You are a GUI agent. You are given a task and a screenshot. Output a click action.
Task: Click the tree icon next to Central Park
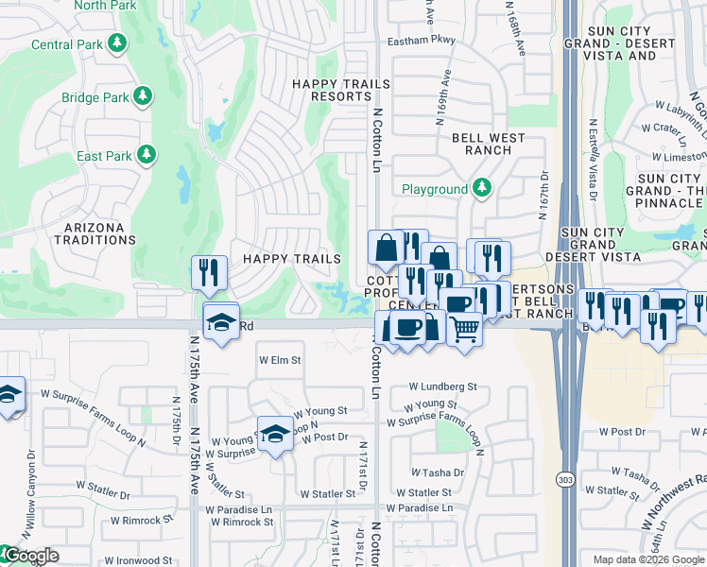[117, 43]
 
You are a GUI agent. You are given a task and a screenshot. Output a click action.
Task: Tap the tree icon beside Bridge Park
[143, 96]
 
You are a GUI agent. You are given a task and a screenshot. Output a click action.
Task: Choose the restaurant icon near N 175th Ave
[209, 273]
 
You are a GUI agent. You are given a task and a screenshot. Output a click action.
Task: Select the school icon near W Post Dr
[275, 434]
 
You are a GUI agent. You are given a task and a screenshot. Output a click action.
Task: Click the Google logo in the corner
[30, 556]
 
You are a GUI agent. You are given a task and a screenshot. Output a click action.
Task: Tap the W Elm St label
[280, 360]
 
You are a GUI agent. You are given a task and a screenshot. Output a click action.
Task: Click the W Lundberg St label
[442, 387]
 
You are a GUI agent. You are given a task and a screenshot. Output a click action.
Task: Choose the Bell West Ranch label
[488, 144]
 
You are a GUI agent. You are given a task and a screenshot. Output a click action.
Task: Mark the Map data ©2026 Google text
[647, 559]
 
